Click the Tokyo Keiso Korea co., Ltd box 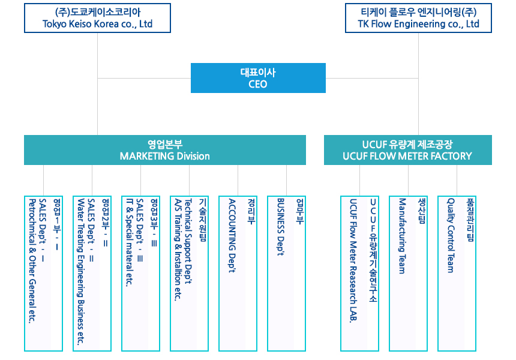(97, 18)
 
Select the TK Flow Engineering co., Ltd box (418, 18)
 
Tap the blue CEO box (258, 78)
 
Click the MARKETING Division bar (164, 150)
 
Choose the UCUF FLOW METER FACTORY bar (407, 150)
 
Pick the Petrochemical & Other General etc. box (43, 273)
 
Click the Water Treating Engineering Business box (92, 273)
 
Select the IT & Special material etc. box (140, 273)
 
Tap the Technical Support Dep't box (189, 273)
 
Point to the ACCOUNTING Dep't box (238, 273)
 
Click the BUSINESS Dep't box (286, 273)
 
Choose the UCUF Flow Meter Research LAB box (359, 273)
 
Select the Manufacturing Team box (408, 273)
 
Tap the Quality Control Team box (457, 273)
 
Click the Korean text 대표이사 (258, 73)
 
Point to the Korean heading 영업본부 (165, 144)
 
